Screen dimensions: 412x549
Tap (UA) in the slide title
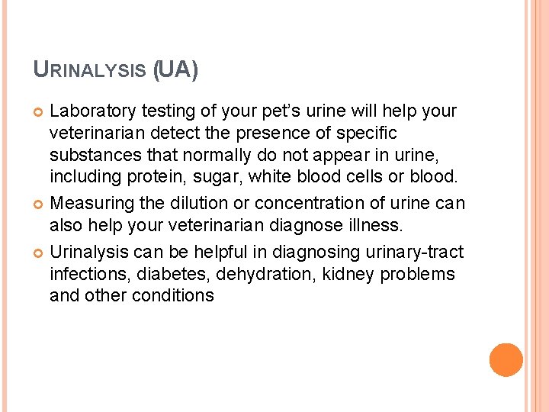pos(175,71)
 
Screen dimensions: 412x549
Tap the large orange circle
pos(506,360)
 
